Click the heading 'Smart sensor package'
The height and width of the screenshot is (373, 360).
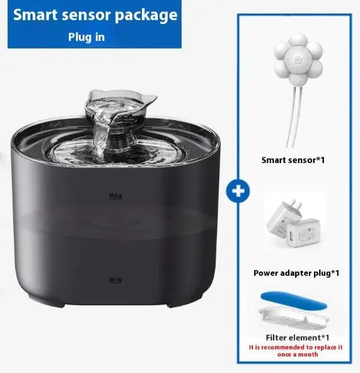pyautogui.click(x=95, y=15)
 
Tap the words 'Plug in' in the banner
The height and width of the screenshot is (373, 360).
pyautogui.click(x=86, y=37)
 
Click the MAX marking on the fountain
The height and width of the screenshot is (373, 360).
pyautogui.click(x=115, y=196)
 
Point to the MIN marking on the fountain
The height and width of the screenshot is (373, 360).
pyautogui.click(x=115, y=278)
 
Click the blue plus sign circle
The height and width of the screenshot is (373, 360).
pyautogui.click(x=237, y=191)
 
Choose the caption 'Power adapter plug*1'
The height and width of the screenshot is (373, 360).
pyautogui.click(x=296, y=273)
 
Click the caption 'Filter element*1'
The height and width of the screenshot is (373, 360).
pyautogui.click(x=296, y=336)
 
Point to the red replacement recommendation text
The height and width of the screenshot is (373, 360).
pyautogui.click(x=296, y=350)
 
